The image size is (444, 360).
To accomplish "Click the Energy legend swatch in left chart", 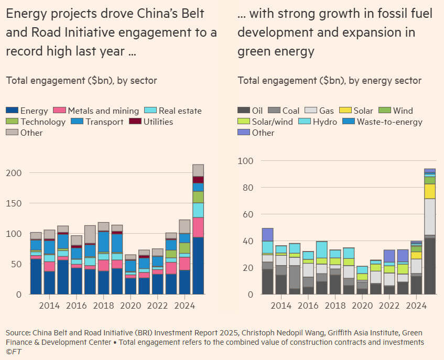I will point(12,111).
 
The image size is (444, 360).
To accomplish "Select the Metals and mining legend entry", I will point(103,111).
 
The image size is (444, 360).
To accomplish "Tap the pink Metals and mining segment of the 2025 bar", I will point(198,227).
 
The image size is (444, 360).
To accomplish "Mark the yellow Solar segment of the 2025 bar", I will point(430,191).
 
